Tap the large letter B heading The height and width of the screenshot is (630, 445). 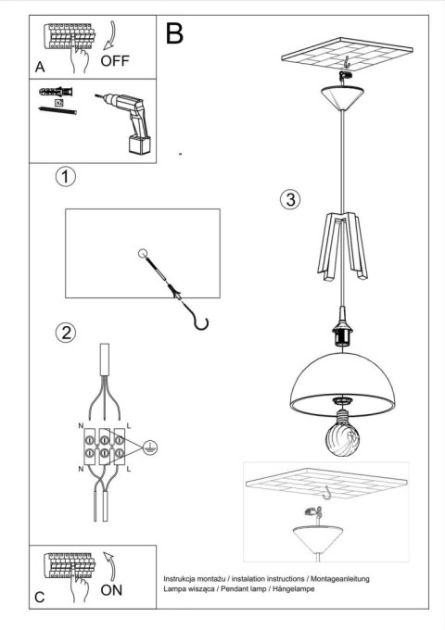[x=176, y=34]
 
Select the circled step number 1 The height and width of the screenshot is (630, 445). [x=64, y=177]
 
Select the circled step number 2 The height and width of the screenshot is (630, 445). [x=64, y=332]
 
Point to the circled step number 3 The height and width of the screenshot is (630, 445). [x=291, y=199]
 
